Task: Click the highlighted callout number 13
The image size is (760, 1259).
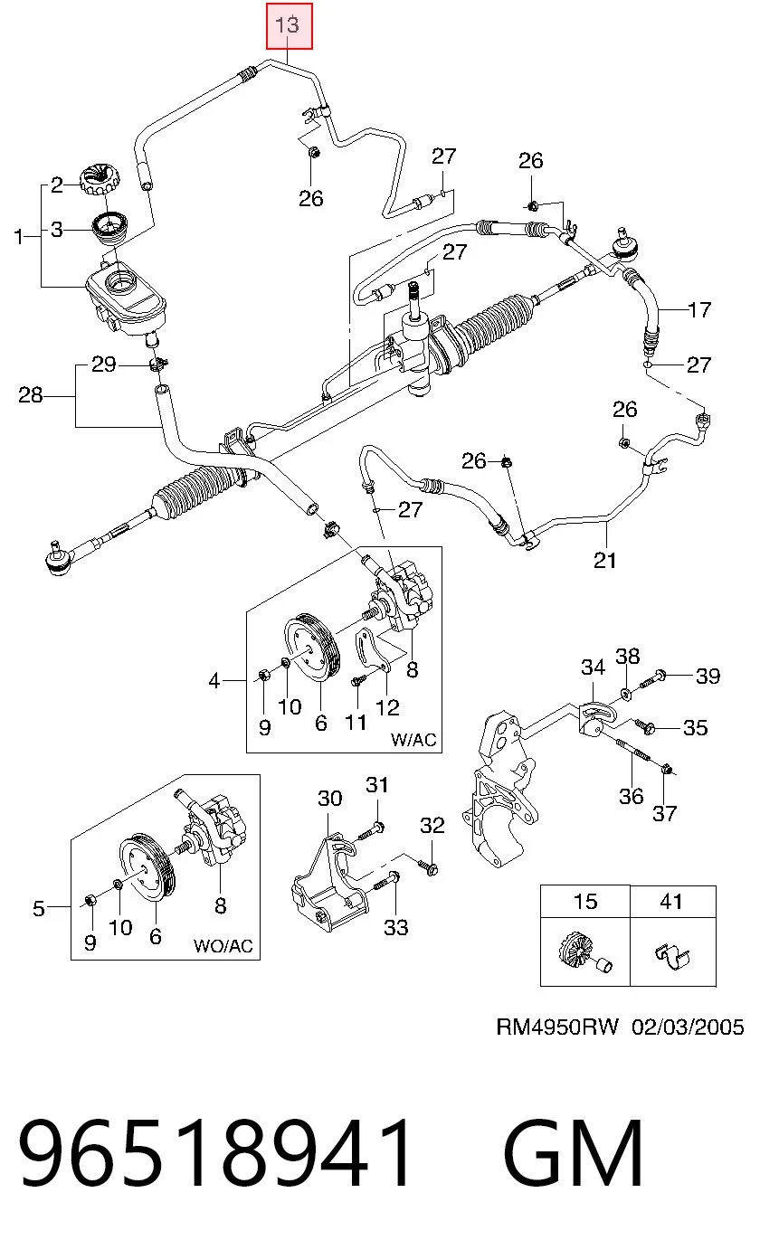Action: [x=287, y=24]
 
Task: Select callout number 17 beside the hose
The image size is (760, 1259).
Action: [x=699, y=309]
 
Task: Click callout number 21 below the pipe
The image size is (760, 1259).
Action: [x=605, y=561]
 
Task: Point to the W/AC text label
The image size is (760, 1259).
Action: [x=413, y=739]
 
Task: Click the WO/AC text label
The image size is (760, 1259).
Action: [x=223, y=945]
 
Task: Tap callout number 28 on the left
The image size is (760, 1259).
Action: [x=31, y=395]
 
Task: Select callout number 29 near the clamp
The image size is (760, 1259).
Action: [x=104, y=364]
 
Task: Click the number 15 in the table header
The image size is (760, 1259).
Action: [x=585, y=901]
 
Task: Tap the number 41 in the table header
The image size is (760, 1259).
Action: [x=671, y=901]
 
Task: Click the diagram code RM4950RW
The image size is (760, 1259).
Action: [x=557, y=1027]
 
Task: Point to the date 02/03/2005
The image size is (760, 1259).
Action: [x=688, y=1027]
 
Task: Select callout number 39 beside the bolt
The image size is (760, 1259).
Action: [x=708, y=676]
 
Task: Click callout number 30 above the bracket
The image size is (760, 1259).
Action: [x=330, y=798]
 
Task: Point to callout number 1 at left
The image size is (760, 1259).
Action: [x=20, y=237]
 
